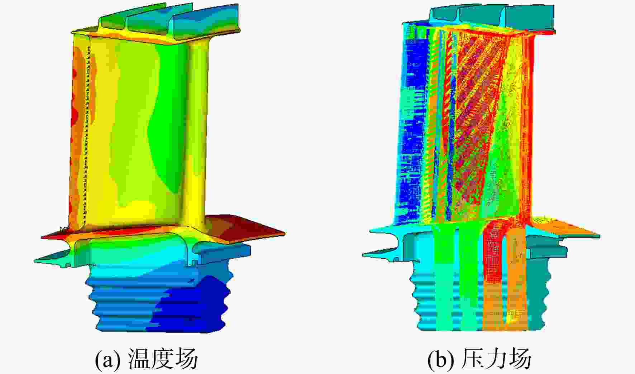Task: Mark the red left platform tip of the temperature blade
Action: click(x=54, y=235)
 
